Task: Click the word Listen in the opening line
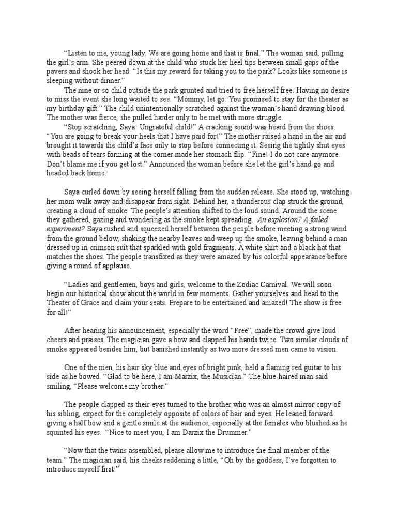[x=79, y=53]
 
